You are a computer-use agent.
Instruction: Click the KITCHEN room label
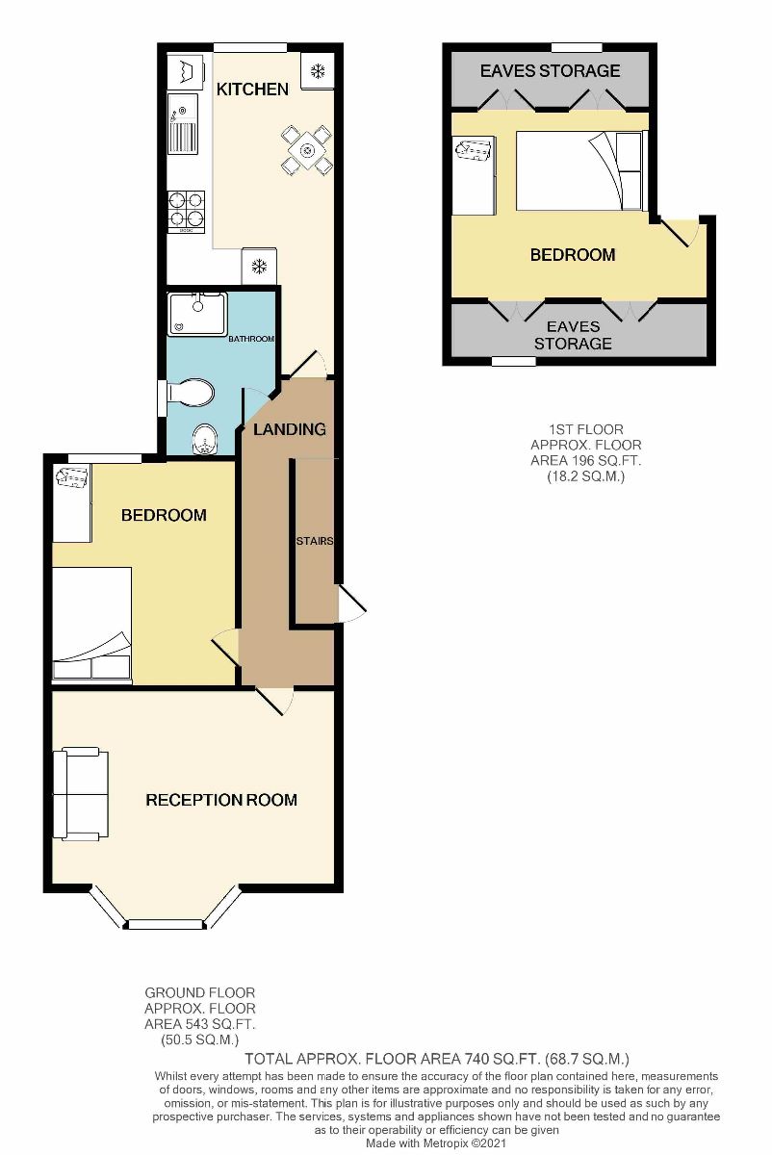(x=252, y=90)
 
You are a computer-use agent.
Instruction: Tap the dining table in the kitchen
(x=307, y=150)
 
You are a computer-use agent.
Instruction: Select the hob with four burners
(x=187, y=211)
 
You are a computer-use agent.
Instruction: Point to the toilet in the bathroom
(x=191, y=393)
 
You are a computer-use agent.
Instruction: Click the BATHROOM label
(x=251, y=339)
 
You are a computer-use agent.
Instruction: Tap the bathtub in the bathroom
(x=197, y=314)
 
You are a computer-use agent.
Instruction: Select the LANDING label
(x=290, y=429)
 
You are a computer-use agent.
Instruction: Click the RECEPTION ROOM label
(x=221, y=800)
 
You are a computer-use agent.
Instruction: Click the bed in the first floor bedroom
(x=578, y=171)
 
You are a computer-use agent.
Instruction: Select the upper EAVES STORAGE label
(x=550, y=71)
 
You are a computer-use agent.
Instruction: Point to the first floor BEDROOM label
(x=573, y=255)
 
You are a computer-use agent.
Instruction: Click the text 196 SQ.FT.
(x=585, y=460)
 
